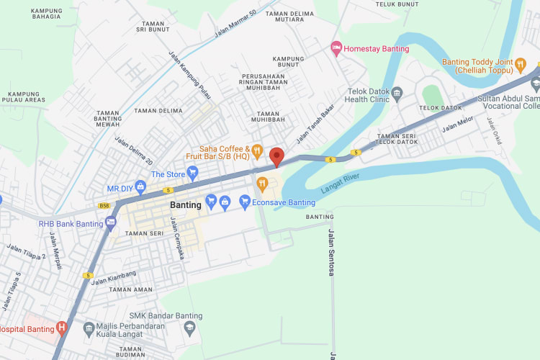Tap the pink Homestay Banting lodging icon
(336, 48)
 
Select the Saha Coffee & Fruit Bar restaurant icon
(256, 150)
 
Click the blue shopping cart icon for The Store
(192, 174)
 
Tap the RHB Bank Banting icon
(110, 223)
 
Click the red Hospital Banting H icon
(62, 329)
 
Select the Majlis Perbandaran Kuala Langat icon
(89, 328)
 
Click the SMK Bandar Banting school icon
(190, 328)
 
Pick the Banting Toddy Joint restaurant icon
(520, 66)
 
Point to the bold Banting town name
(186, 205)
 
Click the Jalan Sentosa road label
(331, 252)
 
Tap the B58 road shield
(105, 205)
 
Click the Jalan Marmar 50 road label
(235, 24)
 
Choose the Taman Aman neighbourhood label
(130, 289)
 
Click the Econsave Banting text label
(284, 203)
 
